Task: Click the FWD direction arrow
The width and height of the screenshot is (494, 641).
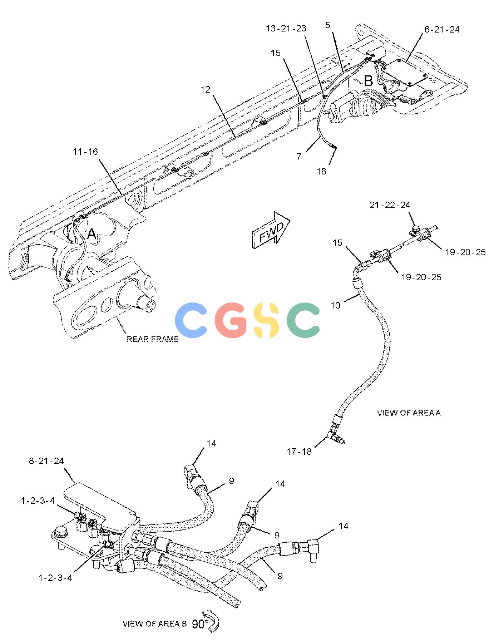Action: point(271,231)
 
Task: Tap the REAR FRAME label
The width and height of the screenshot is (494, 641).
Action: point(153,339)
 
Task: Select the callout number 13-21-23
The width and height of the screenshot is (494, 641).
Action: point(286,29)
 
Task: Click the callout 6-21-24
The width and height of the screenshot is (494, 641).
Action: point(442,30)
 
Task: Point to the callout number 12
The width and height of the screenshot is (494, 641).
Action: point(206,89)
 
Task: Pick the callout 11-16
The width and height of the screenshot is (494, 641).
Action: point(85,152)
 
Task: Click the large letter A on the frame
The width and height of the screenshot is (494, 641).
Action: point(92,235)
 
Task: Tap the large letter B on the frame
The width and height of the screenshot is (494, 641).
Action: point(368,81)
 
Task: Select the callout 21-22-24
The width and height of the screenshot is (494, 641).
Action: point(390,205)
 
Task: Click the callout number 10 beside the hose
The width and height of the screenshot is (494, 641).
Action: point(335,305)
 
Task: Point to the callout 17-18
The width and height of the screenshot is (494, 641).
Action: point(299,452)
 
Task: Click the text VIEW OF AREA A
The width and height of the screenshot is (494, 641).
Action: point(409,413)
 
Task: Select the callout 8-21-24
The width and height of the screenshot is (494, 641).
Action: point(46,461)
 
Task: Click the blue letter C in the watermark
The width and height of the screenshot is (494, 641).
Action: point(191,320)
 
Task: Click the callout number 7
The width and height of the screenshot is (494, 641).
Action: point(299,156)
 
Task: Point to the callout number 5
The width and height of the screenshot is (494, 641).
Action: point(328,25)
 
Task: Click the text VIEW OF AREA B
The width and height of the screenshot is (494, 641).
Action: point(155,624)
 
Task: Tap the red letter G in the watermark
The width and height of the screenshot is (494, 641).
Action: point(231,320)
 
